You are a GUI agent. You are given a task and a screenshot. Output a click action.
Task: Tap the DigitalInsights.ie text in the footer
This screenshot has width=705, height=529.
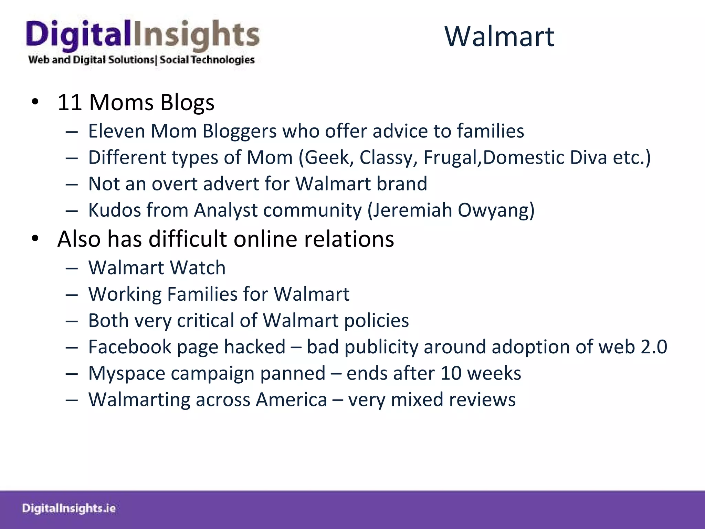coord(69,509)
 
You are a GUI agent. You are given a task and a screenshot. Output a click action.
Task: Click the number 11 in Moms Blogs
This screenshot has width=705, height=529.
coord(70,103)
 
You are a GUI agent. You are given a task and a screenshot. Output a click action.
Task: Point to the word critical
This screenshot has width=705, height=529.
coord(206,321)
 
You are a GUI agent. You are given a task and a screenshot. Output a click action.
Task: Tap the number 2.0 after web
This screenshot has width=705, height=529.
coord(654,347)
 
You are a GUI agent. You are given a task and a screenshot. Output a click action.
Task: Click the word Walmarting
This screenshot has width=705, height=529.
coord(139,400)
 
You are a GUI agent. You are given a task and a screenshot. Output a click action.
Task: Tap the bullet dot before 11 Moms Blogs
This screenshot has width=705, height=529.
coord(35,102)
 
